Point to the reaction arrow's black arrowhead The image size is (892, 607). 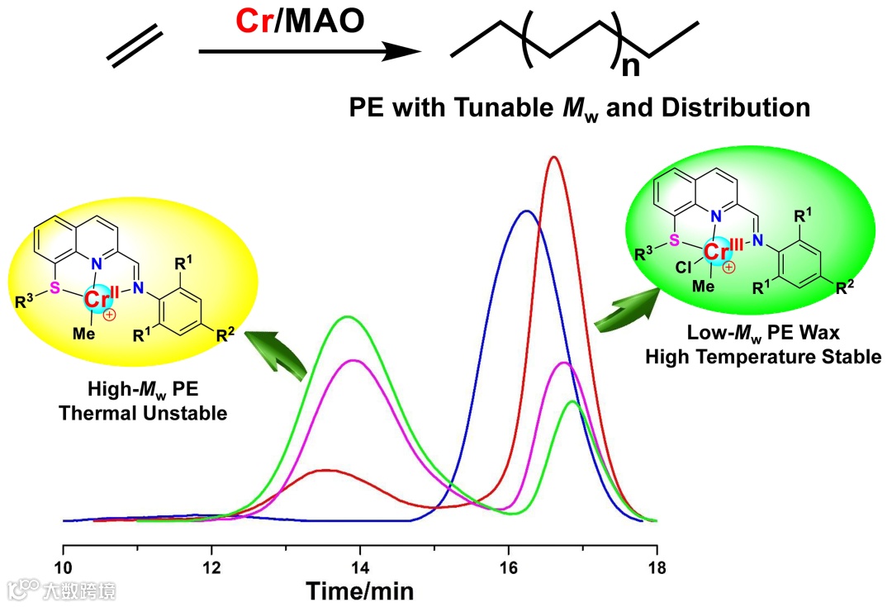tap(404, 51)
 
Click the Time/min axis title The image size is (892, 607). tap(360, 590)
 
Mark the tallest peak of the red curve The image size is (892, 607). tap(553, 157)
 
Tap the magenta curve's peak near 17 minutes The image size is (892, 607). tap(564, 363)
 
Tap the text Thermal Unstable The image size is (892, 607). tap(143, 414)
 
